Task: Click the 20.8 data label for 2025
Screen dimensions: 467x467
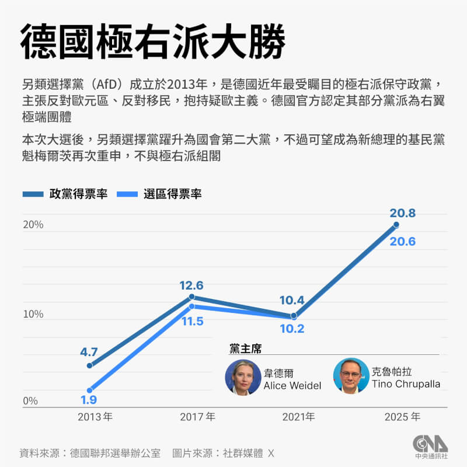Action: click(402, 214)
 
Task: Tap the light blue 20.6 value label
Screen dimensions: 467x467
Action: click(402, 241)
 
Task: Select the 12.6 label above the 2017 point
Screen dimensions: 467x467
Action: click(191, 285)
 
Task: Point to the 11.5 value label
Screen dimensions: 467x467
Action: click(191, 322)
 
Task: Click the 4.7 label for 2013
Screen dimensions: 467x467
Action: click(89, 352)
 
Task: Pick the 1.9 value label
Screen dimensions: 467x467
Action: click(89, 400)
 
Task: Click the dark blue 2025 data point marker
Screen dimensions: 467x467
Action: click(396, 225)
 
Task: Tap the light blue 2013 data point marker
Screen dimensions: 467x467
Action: click(89, 390)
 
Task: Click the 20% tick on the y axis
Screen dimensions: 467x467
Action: click(33, 225)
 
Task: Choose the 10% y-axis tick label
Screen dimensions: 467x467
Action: click(33, 314)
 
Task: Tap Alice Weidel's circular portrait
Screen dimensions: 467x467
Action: click(243, 378)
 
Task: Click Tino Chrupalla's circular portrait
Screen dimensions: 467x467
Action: click(351, 375)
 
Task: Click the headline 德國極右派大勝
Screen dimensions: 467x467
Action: click(153, 42)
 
